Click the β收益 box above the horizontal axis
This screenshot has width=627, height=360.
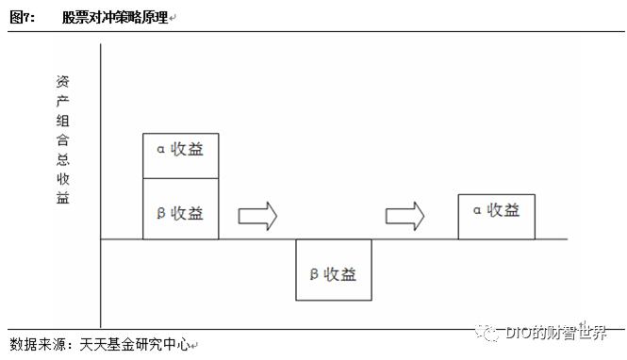180,213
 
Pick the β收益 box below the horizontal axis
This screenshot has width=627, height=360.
333,273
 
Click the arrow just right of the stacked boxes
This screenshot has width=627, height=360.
256,216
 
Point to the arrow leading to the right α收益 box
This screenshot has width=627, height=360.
404,216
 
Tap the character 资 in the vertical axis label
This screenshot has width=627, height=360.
62,81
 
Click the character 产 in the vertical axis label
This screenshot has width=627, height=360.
62,101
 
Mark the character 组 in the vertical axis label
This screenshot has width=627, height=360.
62,121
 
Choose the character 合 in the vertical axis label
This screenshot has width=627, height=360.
62,140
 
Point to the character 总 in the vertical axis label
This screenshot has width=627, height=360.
62,159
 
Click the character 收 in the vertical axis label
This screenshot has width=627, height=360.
62,179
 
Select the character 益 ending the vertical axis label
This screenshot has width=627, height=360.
62,198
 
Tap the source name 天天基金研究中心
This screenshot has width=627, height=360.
137,345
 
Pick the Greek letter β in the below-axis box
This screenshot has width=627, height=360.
314,274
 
